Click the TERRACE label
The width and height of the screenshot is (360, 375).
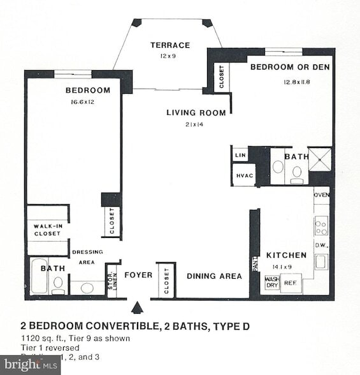pos(170,45)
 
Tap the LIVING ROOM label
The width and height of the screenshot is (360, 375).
pos(196,113)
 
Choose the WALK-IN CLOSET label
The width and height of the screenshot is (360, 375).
pos(47,230)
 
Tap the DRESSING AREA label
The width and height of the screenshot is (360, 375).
pos(87,256)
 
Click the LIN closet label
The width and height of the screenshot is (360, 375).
pos(240,155)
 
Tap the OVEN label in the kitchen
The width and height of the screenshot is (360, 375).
pos(321,195)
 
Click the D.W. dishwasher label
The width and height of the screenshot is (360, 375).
pos(321,245)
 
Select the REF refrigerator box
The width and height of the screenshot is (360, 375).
pos(291,282)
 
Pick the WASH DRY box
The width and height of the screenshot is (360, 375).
pos(272,282)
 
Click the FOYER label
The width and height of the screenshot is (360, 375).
pos(138,276)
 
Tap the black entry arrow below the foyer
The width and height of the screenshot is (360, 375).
pos(136,309)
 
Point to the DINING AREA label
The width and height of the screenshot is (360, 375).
pos(214,276)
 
